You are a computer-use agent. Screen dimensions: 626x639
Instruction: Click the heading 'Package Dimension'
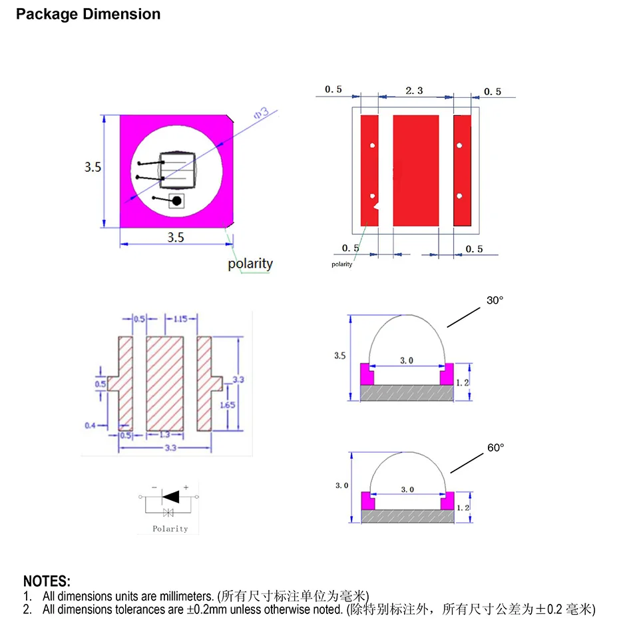(88, 14)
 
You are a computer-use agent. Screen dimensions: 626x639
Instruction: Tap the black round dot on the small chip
(176, 201)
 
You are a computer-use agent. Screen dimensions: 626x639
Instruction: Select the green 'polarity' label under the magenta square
(250, 264)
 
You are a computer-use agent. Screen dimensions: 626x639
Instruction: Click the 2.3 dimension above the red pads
(414, 91)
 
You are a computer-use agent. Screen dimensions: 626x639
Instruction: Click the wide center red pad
(416, 170)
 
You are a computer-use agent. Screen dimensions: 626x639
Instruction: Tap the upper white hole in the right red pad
(459, 145)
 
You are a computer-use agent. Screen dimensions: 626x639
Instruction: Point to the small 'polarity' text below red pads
(342, 265)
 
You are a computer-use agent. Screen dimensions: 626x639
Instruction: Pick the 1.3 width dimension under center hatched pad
(164, 435)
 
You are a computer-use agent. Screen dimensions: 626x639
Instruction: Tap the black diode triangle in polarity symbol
(171, 496)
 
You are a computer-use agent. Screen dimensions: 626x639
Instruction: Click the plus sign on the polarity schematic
(186, 487)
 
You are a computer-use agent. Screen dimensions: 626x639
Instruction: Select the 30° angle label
(495, 300)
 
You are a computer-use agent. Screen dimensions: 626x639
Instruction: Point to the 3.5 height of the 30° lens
(340, 356)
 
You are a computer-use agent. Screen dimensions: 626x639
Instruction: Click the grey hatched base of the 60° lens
(407, 515)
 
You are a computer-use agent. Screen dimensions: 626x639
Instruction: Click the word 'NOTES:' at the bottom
(47, 582)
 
